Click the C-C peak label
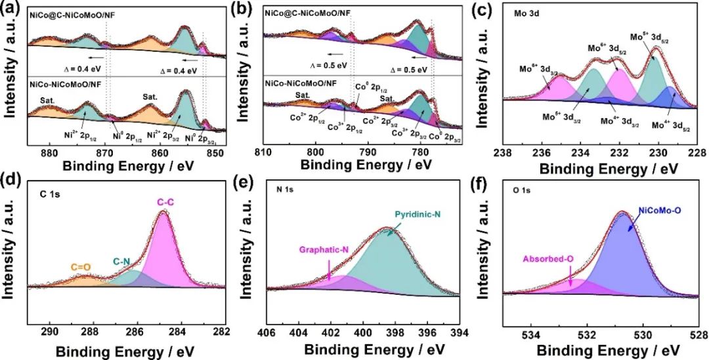pos(165,204)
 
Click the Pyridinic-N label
pos(418,215)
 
